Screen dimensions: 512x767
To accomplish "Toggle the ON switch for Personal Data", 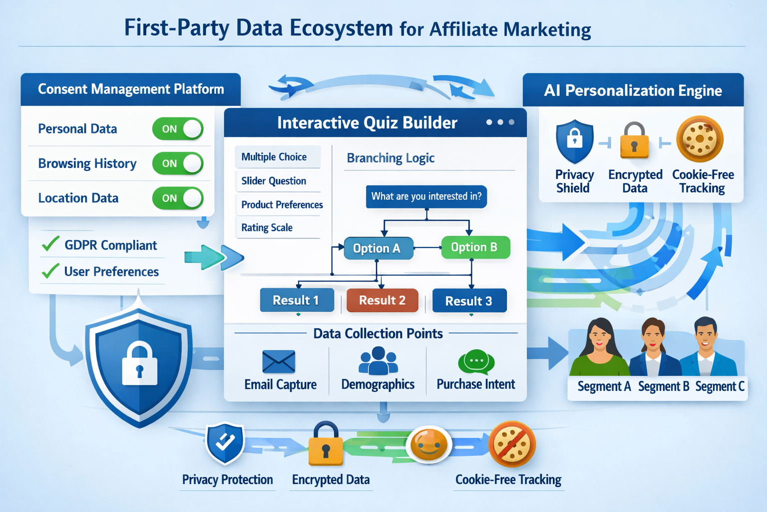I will point(177,129).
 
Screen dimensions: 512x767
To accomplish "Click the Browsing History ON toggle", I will point(177,163).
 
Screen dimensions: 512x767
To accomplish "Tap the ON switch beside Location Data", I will point(177,198).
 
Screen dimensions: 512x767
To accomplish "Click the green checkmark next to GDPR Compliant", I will point(50,244).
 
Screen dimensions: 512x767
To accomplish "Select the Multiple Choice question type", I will point(274,157).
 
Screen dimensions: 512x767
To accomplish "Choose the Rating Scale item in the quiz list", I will point(267,227).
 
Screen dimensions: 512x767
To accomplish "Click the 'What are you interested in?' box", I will point(426,196).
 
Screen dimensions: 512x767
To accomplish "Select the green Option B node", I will point(475,247).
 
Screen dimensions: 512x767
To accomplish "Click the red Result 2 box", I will point(382,300).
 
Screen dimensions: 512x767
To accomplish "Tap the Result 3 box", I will point(469,300).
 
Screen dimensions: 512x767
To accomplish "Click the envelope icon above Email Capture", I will point(279,361).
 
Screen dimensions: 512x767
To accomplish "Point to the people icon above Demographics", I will point(378,361).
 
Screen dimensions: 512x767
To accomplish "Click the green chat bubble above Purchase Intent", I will point(476,361).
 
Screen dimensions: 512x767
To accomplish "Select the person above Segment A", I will point(600,348).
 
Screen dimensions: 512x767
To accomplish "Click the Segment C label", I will point(720,386).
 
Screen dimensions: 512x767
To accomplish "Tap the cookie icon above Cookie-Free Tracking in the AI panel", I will point(700,139).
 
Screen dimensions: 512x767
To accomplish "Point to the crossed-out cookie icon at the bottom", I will point(512,444).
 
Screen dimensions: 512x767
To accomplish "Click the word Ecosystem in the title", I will point(341,28).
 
